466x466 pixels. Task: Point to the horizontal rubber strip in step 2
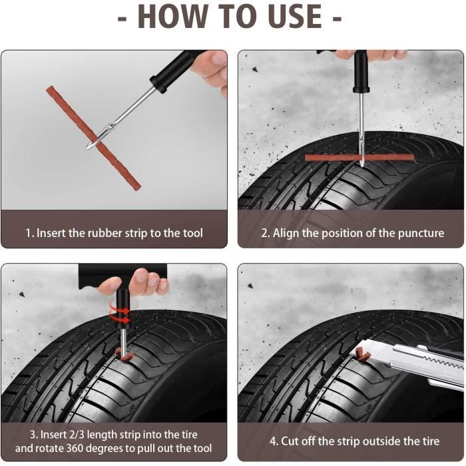coord(333,158)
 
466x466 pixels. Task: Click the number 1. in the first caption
coord(29,233)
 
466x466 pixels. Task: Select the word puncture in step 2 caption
coord(419,233)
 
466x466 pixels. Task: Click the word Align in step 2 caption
coord(286,233)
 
